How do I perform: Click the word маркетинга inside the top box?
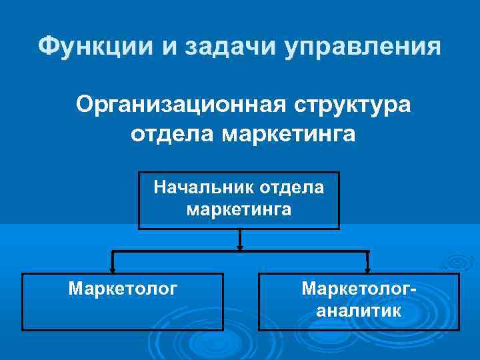coord(239,210)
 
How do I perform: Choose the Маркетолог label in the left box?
coord(123,289)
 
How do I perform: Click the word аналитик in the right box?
coord(359,310)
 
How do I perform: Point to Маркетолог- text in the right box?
coord(359,289)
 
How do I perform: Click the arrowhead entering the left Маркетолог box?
coord(113,269)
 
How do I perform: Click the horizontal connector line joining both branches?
coord(173,252)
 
